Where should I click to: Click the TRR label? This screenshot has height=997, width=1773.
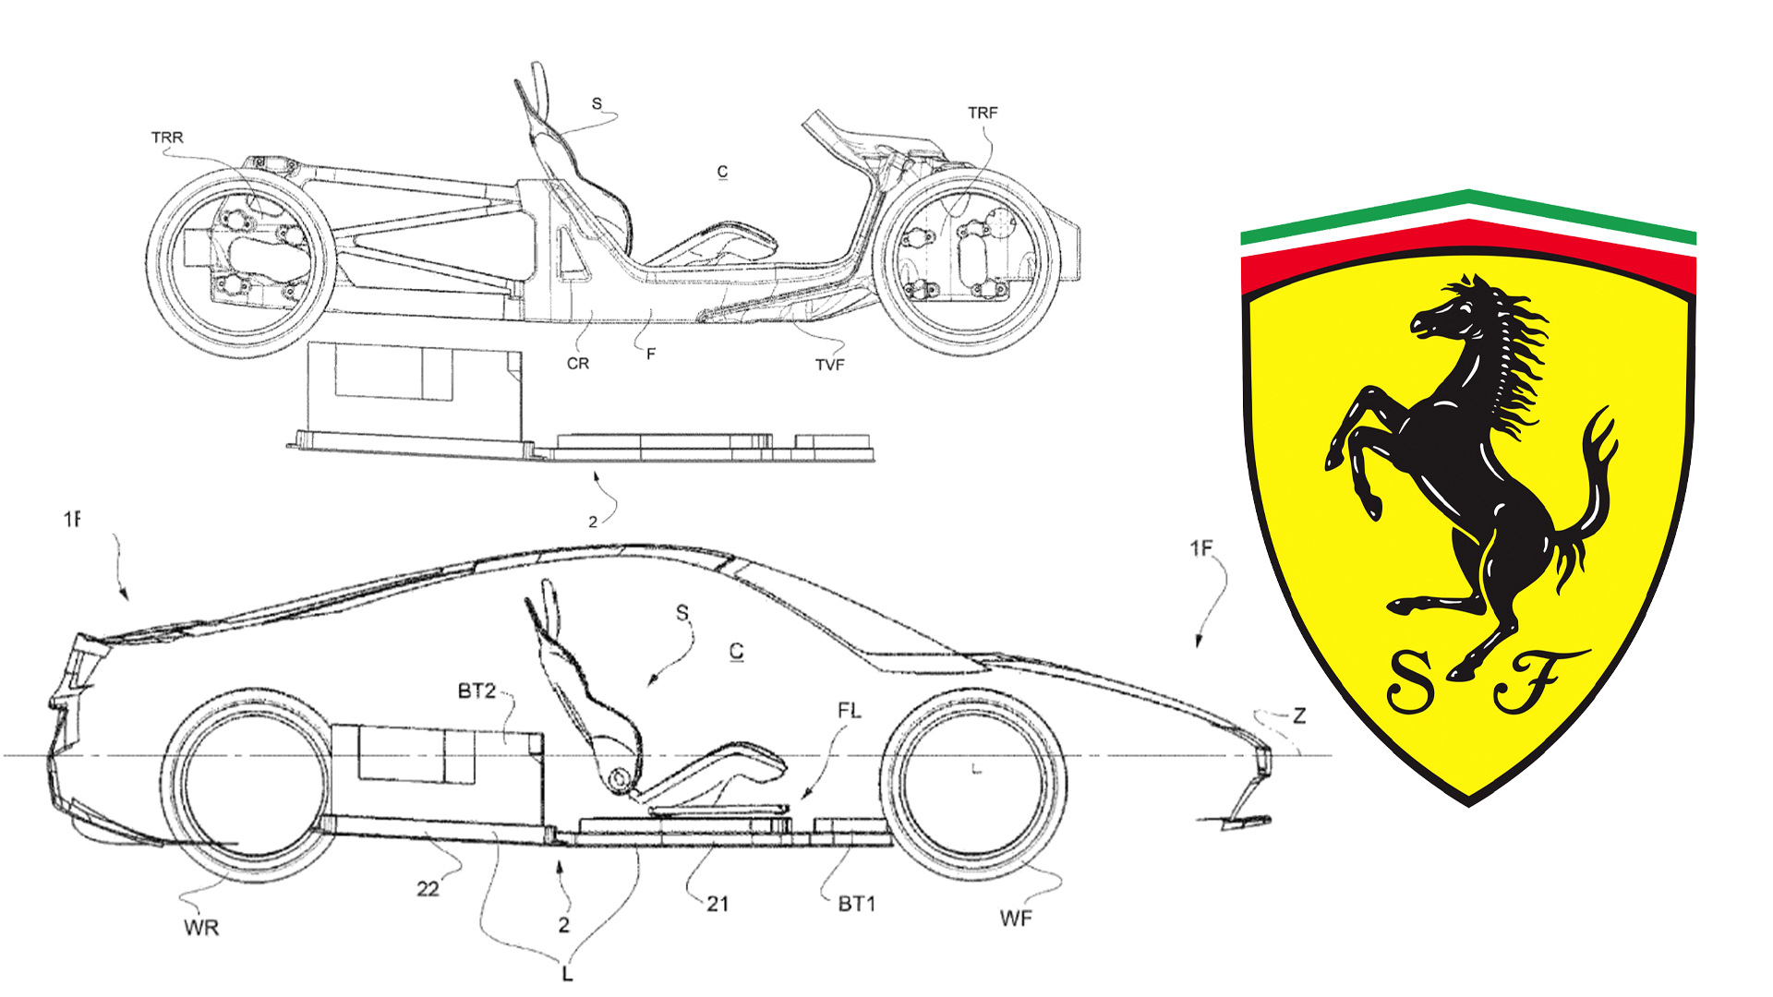pos(167,138)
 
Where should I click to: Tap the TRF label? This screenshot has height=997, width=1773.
pos(983,113)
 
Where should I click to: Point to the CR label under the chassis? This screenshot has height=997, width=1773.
pos(578,364)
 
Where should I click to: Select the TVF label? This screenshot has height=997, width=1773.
pos(829,365)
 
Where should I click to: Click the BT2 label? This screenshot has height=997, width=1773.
pos(476,691)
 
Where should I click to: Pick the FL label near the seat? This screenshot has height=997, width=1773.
pos(849,710)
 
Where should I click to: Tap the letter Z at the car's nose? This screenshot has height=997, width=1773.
pos(1299,715)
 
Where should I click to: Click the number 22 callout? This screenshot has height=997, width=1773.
pos(428,888)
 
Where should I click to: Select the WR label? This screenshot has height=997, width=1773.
pos(201,927)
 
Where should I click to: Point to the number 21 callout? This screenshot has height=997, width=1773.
pos(718,904)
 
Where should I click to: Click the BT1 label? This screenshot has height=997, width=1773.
pos(856,904)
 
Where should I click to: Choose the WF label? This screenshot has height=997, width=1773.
pos(1016,918)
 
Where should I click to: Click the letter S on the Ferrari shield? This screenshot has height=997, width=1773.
pos(1410,681)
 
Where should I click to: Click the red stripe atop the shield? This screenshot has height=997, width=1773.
pos(1468,249)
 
